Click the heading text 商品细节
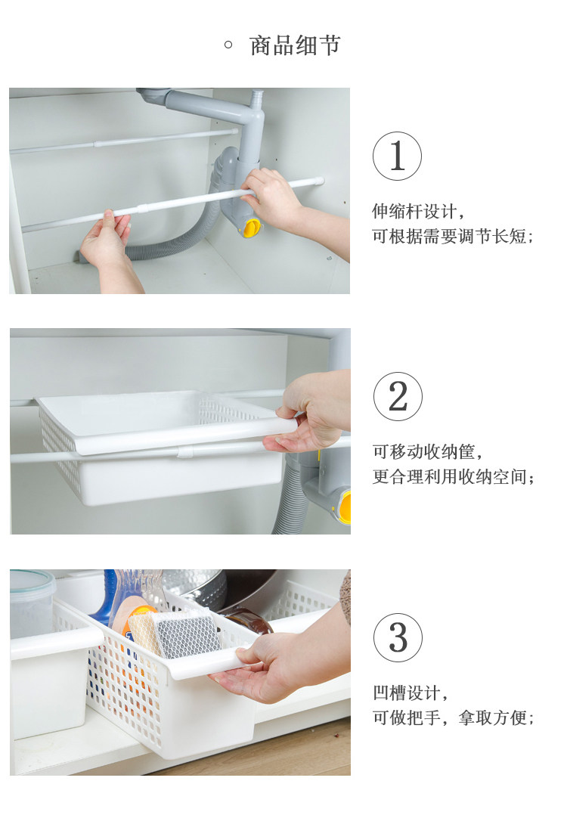pyautogui.click(x=295, y=45)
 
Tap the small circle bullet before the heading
pyautogui.click(x=228, y=45)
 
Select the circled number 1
pyautogui.click(x=397, y=156)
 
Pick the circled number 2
pyautogui.click(x=398, y=396)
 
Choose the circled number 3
pyautogui.click(x=398, y=637)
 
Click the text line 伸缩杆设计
pyautogui.click(x=418, y=212)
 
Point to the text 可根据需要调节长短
pyautogui.click(x=453, y=237)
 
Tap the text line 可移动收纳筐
pyautogui.click(x=427, y=451)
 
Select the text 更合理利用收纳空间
pyautogui.click(x=453, y=476)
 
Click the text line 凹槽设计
pyautogui.click(x=410, y=693)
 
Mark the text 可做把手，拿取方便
pyautogui.click(x=453, y=717)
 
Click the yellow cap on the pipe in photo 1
pyautogui.click(x=252, y=228)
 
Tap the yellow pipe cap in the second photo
pyautogui.click(x=344, y=507)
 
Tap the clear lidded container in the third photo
pyautogui.click(x=31, y=603)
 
